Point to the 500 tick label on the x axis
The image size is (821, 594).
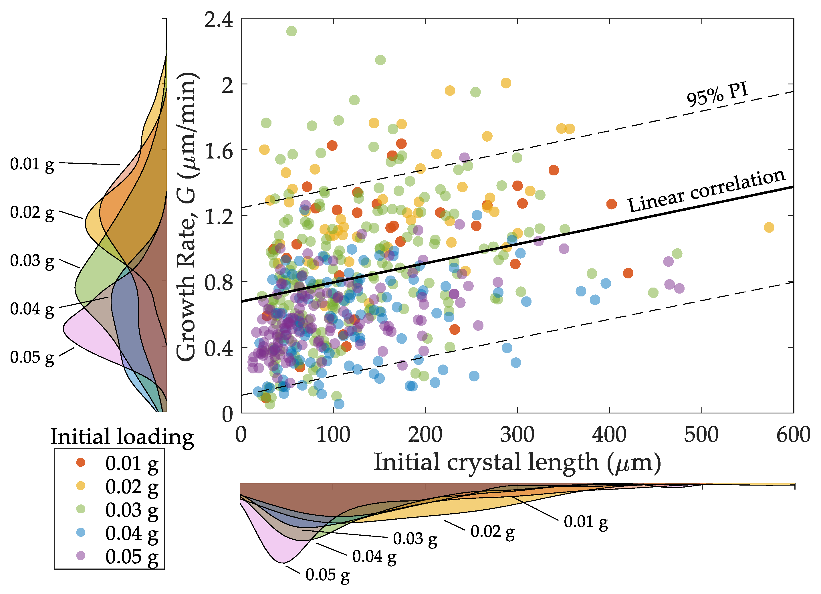[701, 435]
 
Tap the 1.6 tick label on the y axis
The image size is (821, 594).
[219, 151]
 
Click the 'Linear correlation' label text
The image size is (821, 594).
[706, 191]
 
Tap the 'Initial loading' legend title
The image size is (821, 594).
[122, 437]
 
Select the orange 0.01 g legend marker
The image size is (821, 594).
[81, 462]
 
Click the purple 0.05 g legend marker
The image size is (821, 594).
[81, 555]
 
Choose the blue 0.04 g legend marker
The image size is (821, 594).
[81, 532]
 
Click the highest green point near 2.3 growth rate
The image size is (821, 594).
[291, 31]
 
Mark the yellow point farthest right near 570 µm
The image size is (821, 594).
[769, 227]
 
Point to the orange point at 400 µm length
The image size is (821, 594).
[611, 204]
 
